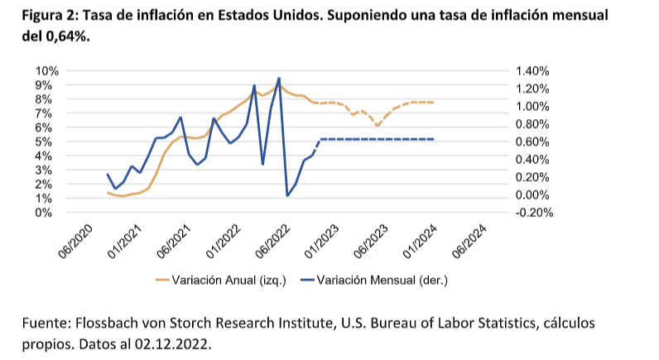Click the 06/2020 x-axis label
click(x=74, y=241)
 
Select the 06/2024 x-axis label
click(x=469, y=241)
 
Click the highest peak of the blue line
click(x=278, y=78)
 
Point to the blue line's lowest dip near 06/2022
click(x=287, y=195)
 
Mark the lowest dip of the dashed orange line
click(x=378, y=126)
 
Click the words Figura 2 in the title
click(x=37, y=17)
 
